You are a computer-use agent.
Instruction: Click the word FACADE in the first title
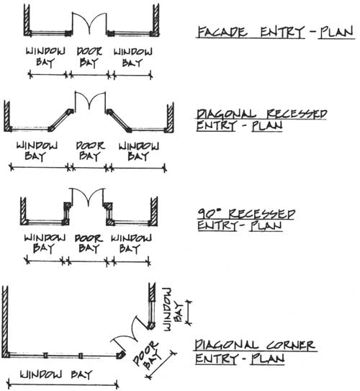pyautogui.click(x=222, y=32)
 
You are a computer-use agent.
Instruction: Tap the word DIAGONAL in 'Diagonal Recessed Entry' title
pyautogui.click(x=226, y=114)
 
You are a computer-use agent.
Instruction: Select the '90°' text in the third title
pyautogui.click(x=210, y=214)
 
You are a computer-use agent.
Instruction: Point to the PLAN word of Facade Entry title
pyautogui.click(x=336, y=32)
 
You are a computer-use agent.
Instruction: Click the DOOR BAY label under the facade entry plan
pyautogui.click(x=89, y=58)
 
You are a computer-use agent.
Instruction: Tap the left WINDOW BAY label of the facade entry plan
pyautogui.click(x=45, y=58)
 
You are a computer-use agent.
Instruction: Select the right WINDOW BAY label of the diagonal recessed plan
pyautogui.click(x=138, y=151)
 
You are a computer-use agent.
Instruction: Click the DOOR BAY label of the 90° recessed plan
pyautogui.click(x=89, y=243)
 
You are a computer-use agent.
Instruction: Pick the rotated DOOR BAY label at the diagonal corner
pyautogui.click(x=148, y=355)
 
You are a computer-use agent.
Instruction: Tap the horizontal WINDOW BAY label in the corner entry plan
pyautogui.click(x=56, y=374)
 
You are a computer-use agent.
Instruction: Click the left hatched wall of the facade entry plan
pyautogui.click(x=27, y=20)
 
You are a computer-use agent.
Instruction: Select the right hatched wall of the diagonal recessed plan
pyautogui.click(x=170, y=117)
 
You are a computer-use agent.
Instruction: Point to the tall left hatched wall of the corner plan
pyautogui.click(x=5, y=322)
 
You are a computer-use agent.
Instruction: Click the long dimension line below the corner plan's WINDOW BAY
pyautogui.click(x=63, y=385)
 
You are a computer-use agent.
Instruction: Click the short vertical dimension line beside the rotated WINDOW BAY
pyautogui.click(x=189, y=313)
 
